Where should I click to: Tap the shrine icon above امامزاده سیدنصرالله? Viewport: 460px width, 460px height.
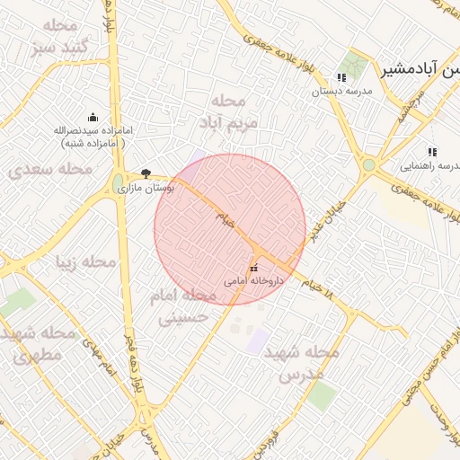93,117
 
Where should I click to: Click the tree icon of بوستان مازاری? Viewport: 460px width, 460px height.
146,173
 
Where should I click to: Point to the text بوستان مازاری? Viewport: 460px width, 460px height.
147,189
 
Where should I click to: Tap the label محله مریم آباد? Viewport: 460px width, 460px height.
235,110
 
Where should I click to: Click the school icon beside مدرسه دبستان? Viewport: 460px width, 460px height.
341,78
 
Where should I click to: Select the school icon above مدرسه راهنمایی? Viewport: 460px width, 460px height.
432,152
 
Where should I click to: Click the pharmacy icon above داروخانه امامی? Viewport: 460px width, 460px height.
253,268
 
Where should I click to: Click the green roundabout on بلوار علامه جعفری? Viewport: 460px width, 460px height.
368,165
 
